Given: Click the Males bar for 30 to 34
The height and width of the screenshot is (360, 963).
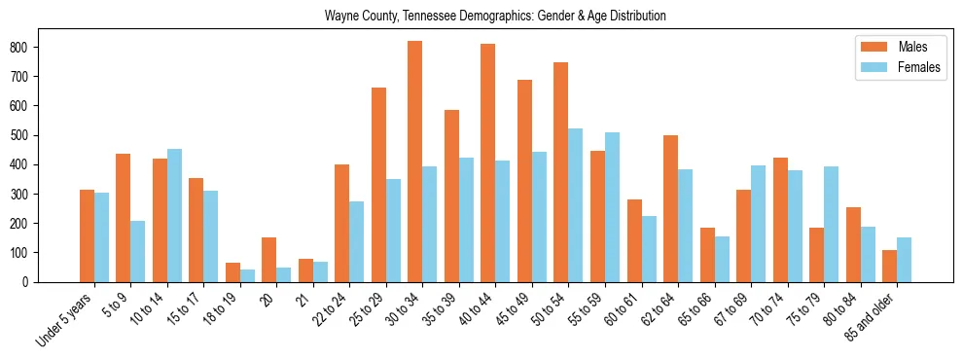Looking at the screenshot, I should click(x=415, y=162).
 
